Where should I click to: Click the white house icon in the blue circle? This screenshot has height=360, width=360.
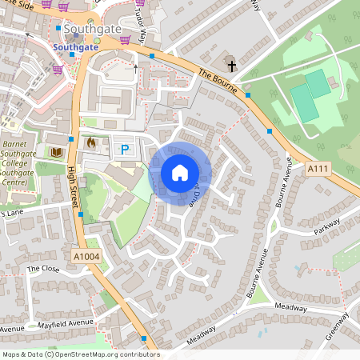[x=180, y=173]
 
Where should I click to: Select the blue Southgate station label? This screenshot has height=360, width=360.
[x=77, y=47]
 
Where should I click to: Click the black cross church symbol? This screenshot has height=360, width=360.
[x=233, y=65]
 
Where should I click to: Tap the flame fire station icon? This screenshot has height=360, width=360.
[x=90, y=143]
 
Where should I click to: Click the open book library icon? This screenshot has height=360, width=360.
[x=56, y=151]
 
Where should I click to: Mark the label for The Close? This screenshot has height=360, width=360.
[x=44, y=269]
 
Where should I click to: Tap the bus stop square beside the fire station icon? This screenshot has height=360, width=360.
[x=81, y=143]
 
